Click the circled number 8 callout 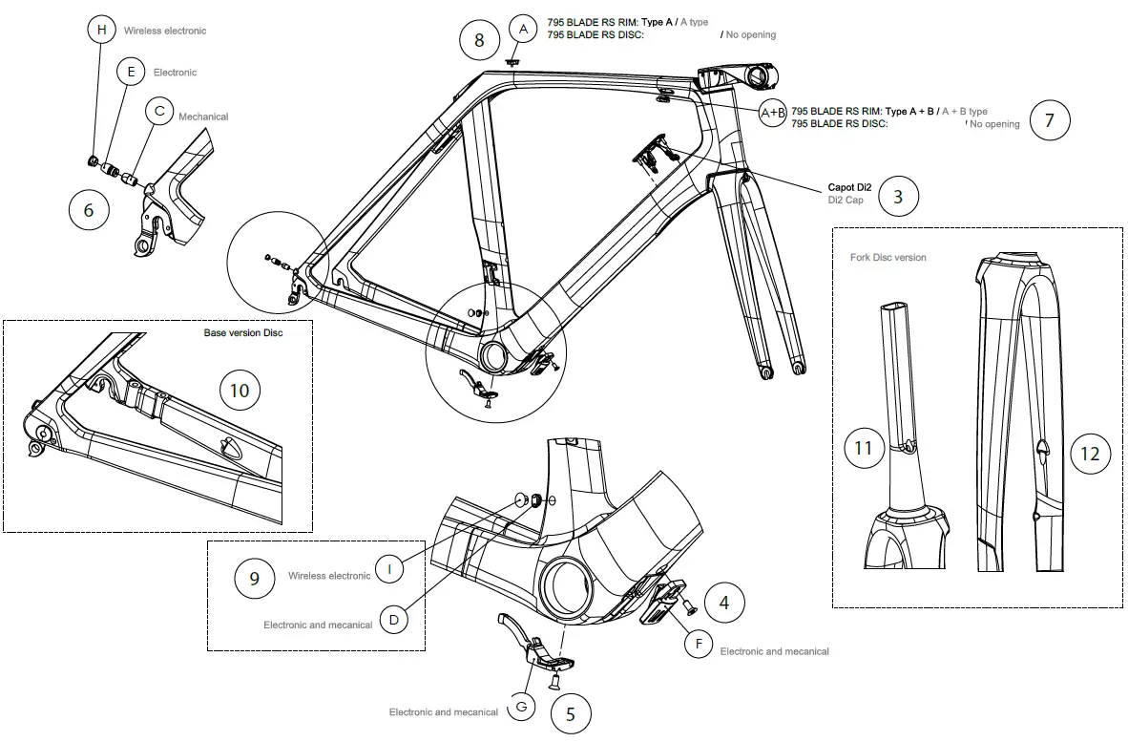(x=479, y=40)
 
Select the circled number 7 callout (x=1050, y=120)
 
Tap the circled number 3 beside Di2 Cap (x=898, y=197)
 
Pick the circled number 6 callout (x=89, y=210)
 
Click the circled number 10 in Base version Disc (x=240, y=390)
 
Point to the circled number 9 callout (x=254, y=579)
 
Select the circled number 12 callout (x=1090, y=454)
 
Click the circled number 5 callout (x=570, y=713)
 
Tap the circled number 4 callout (x=724, y=603)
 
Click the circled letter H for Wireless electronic (x=100, y=30)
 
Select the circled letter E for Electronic (x=131, y=72)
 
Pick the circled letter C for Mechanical (x=159, y=112)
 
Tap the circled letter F (x=699, y=645)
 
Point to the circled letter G (x=521, y=706)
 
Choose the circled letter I (x=389, y=569)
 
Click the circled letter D (x=393, y=620)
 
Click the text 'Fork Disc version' (x=888, y=258)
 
